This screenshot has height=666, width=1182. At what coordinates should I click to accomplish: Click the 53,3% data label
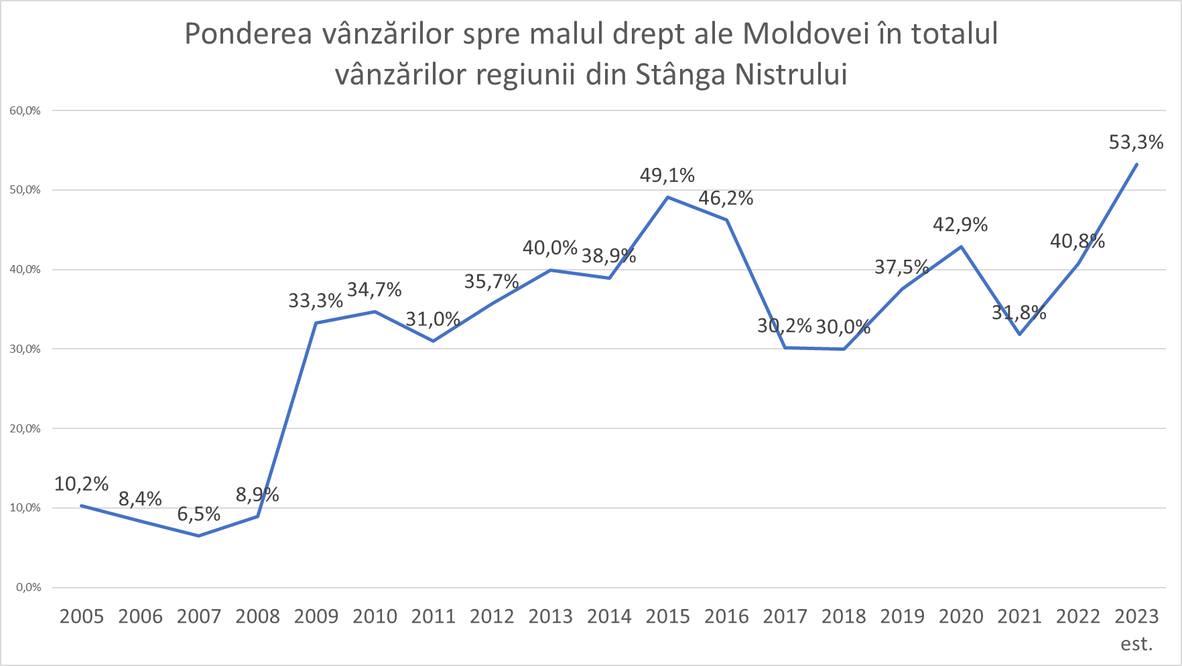pos(1136,142)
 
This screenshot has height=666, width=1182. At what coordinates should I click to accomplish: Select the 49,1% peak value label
pos(667,175)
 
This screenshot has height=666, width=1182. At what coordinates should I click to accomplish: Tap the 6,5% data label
pos(198,514)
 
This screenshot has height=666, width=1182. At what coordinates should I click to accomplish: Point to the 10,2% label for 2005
pos(81,484)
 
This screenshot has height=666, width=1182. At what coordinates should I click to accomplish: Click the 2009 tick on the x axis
pos(316,616)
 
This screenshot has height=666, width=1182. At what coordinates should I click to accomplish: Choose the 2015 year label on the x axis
pos(667,616)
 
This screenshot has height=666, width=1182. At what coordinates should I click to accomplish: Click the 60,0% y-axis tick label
pos(25,111)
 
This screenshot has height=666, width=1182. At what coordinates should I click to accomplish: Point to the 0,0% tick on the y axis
pos(28,588)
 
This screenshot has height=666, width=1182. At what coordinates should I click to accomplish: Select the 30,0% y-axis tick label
pos(25,349)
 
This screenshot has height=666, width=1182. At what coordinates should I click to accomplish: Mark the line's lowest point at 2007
pos(199,535)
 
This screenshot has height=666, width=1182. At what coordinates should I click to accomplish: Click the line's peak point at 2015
pos(667,197)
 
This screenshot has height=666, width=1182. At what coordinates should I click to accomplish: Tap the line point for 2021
pos(1019,334)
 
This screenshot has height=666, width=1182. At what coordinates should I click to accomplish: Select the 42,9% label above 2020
pos(960,225)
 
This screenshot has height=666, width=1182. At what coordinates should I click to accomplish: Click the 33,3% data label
pos(316,301)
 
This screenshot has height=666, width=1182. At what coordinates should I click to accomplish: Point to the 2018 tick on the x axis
pos(844,616)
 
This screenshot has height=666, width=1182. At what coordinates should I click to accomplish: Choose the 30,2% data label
pos(784,326)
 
